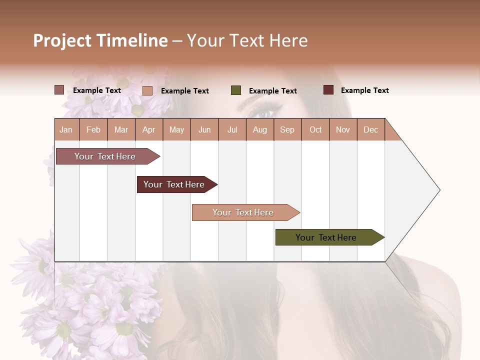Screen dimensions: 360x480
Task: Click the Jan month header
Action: coord(66,129)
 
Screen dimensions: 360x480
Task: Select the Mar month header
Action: coord(121,129)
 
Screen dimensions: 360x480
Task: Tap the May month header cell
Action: coord(176,129)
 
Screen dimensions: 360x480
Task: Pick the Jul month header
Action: coord(232,129)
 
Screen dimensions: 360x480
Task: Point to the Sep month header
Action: coord(287,129)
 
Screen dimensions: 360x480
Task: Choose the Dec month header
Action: coord(370,129)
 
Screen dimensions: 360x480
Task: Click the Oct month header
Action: coord(315,129)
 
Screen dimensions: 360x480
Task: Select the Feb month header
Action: coord(93,129)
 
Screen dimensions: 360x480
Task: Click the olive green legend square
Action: coord(236,90)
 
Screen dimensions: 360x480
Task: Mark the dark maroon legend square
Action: coord(328,90)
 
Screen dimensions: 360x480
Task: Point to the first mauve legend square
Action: coord(59,90)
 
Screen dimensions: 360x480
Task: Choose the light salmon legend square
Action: coord(147,90)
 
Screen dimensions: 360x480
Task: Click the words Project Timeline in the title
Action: coord(100,40)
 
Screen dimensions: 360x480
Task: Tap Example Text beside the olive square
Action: coord(272,91)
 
